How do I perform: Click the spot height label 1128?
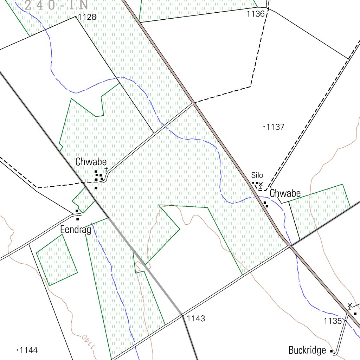tap(87, 17)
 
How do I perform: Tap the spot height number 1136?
tap(256, 14)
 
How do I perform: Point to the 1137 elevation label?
tap(275, 127)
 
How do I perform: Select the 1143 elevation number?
tap(196, 319)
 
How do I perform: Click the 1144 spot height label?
tap(29, 350)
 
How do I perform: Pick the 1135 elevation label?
tap(333, 321)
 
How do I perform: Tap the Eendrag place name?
tap(76, 230)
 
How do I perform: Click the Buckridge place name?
tap(307, 350)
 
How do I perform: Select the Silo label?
tap(257, 175)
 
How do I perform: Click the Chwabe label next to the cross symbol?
tap(91, 162)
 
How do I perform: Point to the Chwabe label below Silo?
tap(285, 193)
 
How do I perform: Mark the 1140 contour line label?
tap(89, 341)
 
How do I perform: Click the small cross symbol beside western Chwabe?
tap(106, 169)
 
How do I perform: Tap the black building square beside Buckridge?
tap(331, 351)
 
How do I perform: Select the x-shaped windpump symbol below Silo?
tap(261, 184)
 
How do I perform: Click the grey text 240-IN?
tap(56, 5)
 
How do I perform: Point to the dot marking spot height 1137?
tap(264, 127)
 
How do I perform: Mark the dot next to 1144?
tap(18, 350)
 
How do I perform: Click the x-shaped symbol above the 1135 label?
tap(349, 305)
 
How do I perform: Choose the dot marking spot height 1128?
tap(76, 17)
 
